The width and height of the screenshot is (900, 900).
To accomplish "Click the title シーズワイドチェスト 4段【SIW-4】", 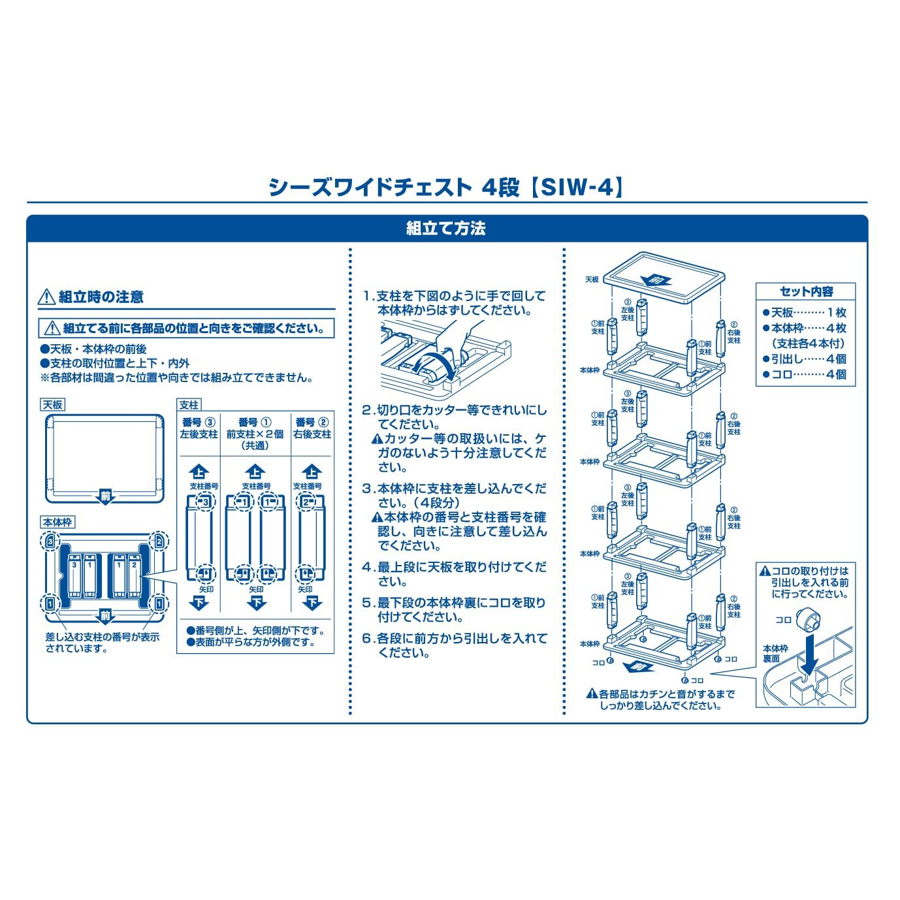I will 446,187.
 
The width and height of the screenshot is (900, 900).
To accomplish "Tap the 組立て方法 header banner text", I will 446,229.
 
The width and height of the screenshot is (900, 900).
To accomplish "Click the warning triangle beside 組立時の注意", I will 46,298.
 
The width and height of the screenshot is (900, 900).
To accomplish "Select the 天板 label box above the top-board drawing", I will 53,405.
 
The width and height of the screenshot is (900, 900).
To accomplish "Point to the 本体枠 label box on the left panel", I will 58,522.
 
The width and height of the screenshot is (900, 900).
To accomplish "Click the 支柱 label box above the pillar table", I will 189,405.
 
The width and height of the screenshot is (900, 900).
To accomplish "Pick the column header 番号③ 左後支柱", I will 199,428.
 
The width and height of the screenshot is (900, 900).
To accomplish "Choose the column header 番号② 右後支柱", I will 313,428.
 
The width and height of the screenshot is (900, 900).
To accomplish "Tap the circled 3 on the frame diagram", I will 50,541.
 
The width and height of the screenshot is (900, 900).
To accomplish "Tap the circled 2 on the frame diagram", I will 157,541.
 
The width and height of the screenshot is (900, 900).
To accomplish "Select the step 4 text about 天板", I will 455,574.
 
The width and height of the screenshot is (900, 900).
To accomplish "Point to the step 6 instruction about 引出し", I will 455,645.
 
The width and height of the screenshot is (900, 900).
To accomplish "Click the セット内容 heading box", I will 806,292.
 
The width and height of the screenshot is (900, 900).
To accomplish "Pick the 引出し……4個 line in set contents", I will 805,359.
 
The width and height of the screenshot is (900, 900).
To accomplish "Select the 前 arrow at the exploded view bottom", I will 638,667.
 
